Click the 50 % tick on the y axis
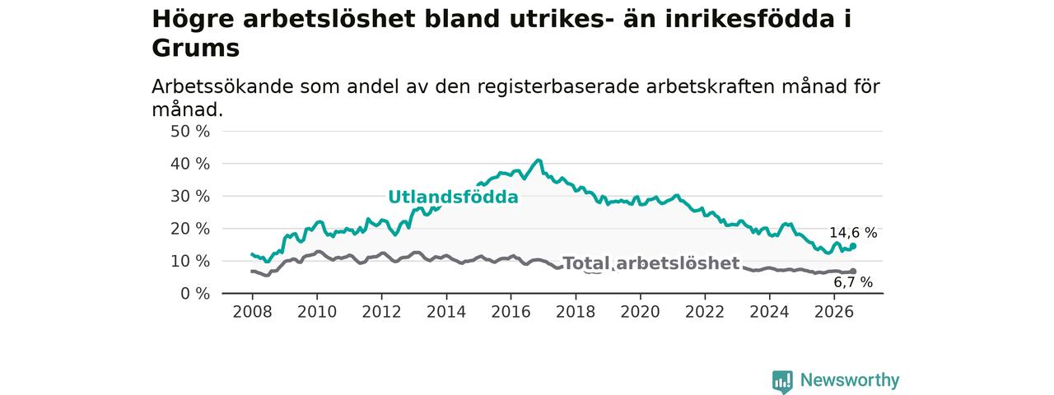pyautogui.click(x=190, y=132)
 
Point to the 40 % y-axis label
pyautogui.click(x=190, y=164)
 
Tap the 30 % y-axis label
pyautogui.click(x=190, y=197)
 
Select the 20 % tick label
pyautogui.click(x=190, y=229)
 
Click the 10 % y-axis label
pyautogui.click(x=190, y=262)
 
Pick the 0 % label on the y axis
pyautogui.click(x=195, y=294)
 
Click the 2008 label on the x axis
pyautogui.click(x=252, y=312)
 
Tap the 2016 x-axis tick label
pyautogui.click(x=511, y=312)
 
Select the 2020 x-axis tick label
pyautogui.click(x=640, y=312)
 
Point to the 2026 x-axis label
pyautogui.click(x=834, y=312)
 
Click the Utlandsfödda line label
pyautogui.click(x=453, y=197)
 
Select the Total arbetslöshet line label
pyautogui.click(x=651, y=263)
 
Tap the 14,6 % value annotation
pyautogui.click(x=853, y=233)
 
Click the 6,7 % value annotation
pyautogui.click(x=853, y=282)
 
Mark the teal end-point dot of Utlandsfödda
pyautogui.click(x=853, y=246)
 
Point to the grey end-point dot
pyautogui.click(x=853, y=272)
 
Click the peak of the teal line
pyautogui.click(x=539, y=160)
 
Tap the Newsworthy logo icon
pyautogui.click(x=782, y=381)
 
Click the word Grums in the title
pyautogui.click(x=196, y=48)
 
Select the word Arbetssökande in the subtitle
pyautogui.click(x=222, y=87)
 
